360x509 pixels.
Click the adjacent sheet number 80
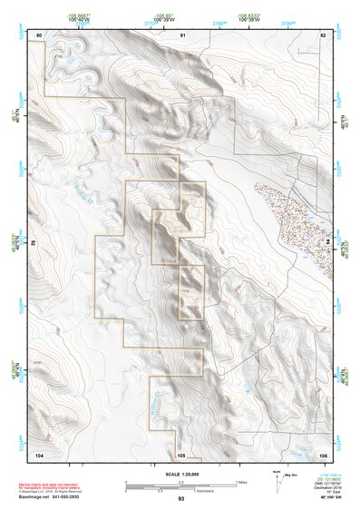point(39,34)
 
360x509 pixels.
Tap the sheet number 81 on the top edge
point(181,34)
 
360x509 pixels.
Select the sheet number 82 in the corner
point(323,34)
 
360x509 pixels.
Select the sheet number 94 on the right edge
point(329,243)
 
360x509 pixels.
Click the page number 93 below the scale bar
point(181,498)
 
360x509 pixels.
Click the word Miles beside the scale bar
point(240,482)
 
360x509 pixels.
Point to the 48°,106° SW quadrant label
point(327,498)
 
